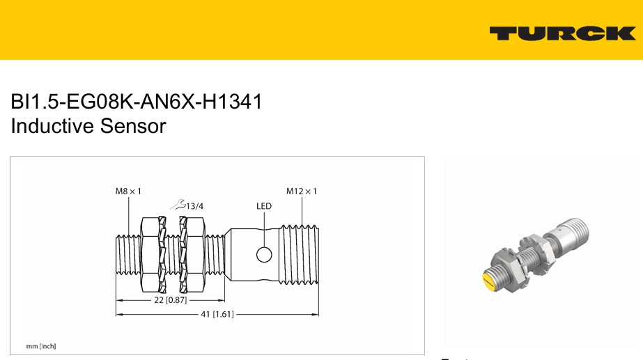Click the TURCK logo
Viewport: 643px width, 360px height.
563,33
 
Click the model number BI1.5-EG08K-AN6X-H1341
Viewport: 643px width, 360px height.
136,102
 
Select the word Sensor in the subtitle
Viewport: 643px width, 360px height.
133,126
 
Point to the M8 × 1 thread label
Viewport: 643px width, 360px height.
128,191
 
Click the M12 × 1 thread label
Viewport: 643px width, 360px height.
302,191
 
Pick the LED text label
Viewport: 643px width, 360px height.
264,206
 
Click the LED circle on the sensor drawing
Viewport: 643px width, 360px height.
264,255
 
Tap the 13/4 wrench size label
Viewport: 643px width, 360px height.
195,206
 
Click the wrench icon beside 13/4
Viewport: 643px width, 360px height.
178,204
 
